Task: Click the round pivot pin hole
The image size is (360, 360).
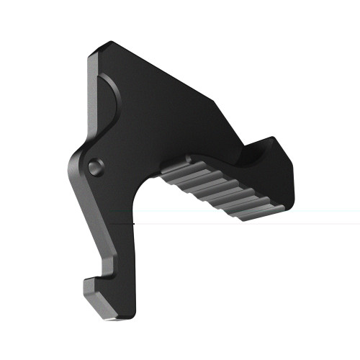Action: click(x=94, y=165)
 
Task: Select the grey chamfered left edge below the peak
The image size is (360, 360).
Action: click(x=91, y=94)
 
